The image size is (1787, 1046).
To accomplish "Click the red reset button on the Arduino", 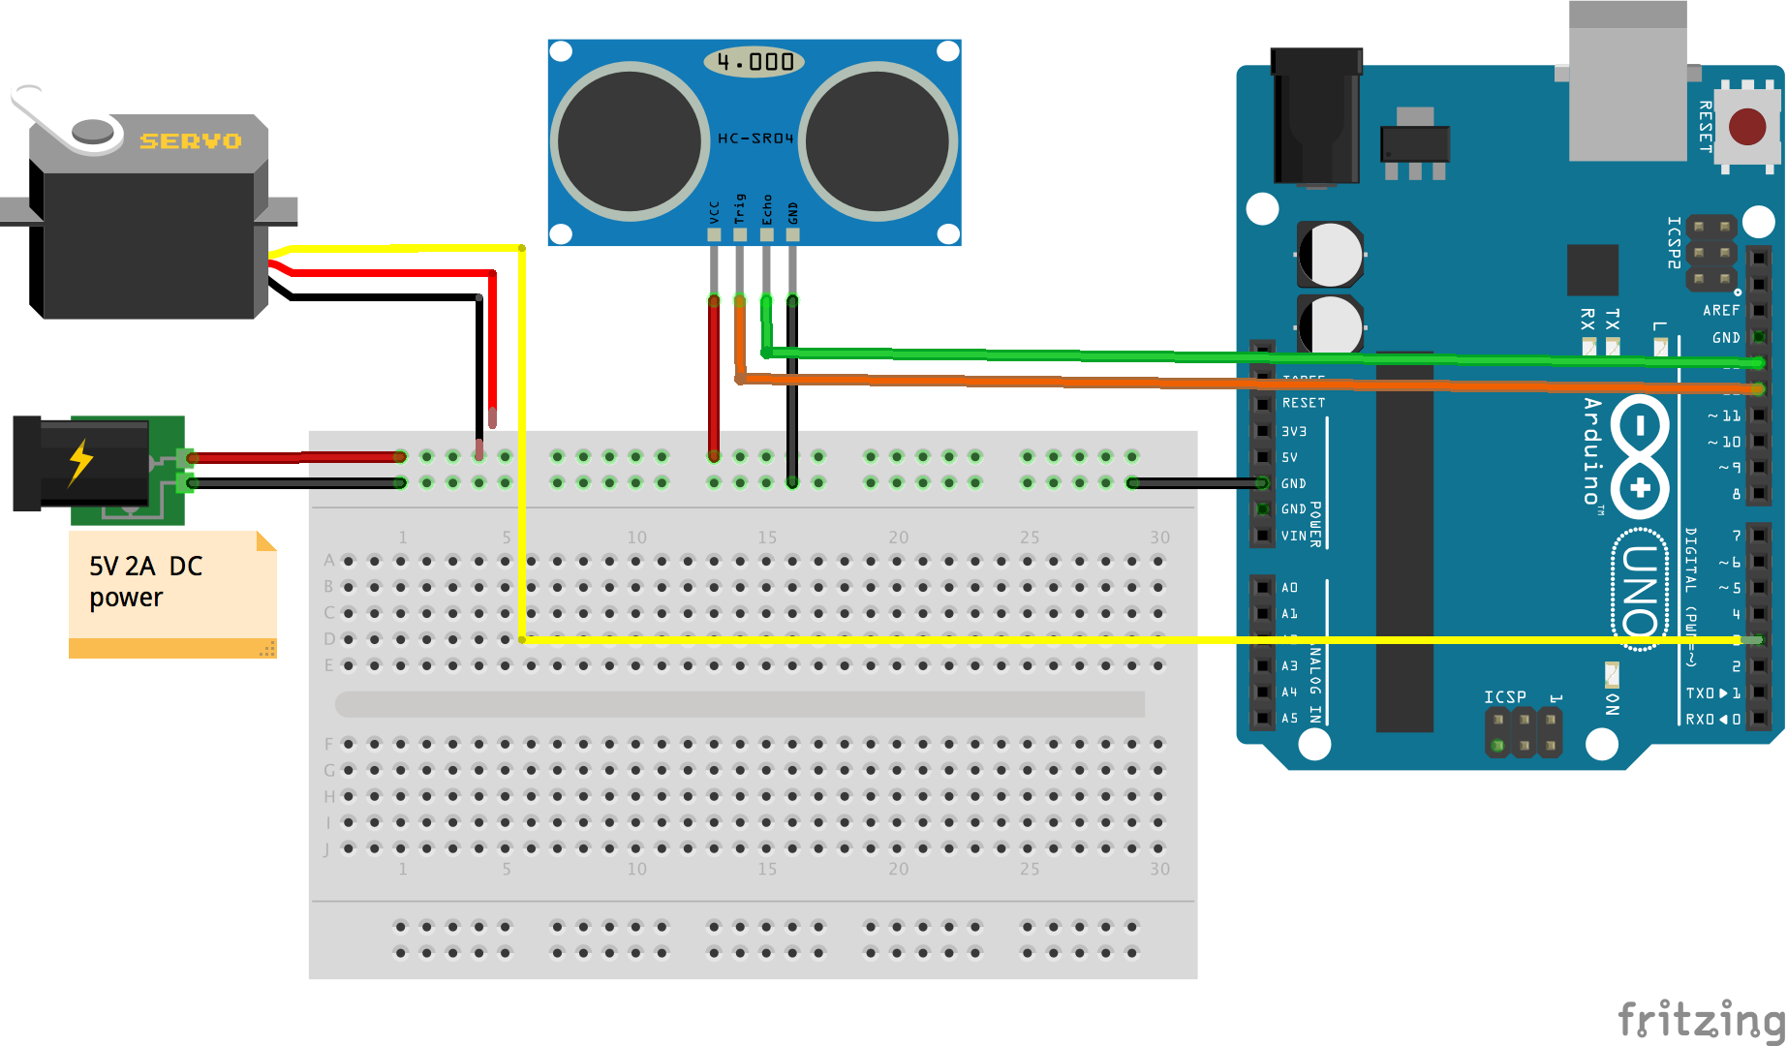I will pyautogui.click(x=1746, y=127).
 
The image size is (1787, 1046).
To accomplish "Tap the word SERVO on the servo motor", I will pyautogui.click(x=191, y=141).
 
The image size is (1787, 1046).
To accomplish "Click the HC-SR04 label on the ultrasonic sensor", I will pyautogui.click(x=755, y=138).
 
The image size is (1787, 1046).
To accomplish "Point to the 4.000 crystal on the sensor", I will pyautogui.click(x=755, y=62).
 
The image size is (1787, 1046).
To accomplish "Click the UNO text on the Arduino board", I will pyautogui.click(x=1640, y=590).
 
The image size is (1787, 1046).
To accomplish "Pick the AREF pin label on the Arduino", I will pyautogui.click(x=1721, y=310).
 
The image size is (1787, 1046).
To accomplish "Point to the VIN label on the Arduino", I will pyautogui.click(x=1293, y=536).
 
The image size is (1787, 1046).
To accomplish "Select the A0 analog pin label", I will pyautogui.click(x=1289, y=588).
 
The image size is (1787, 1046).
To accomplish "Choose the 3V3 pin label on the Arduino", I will pyautogui.click(x=1294, y=431).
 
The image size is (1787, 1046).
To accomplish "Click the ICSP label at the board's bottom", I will pyautogui.click(x=1504, y=696).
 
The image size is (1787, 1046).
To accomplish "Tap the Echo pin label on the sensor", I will pyautogui.click(x=767, y=209).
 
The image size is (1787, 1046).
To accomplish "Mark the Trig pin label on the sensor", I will pyautogui.click(x=740, y=209).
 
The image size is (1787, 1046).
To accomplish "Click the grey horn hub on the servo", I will pyautogui.click(x=93, y=131).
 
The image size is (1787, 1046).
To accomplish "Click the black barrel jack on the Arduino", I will pyautogui.click(x=1316, y=116).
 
